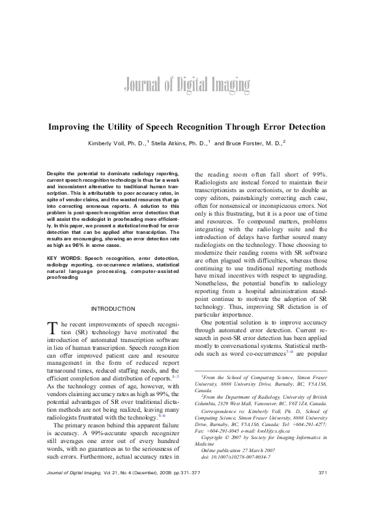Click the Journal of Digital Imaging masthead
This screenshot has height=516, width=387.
click(185, 85)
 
